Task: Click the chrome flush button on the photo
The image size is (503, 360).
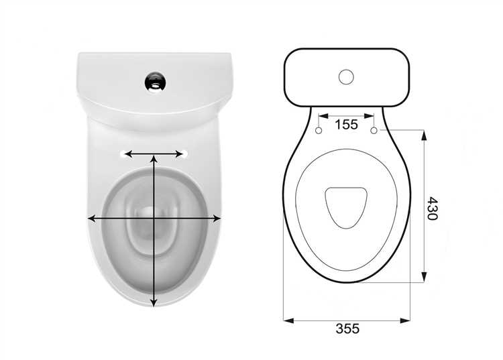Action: click(x=156, y=82)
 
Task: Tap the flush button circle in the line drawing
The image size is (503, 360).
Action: click(x=346, y=77)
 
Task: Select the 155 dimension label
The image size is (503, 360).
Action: click(x=346, y=125)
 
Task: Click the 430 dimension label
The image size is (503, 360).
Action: click(x=432, y=208)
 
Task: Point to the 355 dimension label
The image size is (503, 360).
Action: click(x=347, y=328)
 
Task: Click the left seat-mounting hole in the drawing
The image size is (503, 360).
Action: click(x=319, y=131)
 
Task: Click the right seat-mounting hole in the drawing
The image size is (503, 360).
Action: click(x=374, y=131)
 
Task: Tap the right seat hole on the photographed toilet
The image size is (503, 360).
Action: click(x=184, y=154)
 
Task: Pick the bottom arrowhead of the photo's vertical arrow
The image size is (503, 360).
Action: click(x=154, y=302)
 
